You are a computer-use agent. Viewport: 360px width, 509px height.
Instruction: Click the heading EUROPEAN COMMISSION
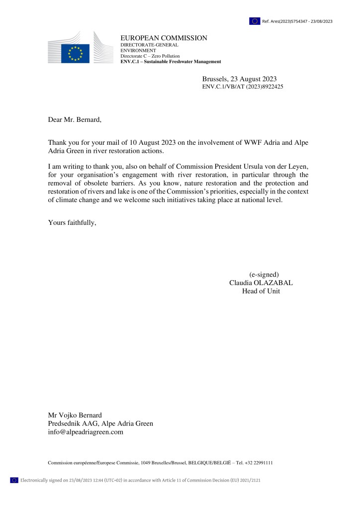[164, 38]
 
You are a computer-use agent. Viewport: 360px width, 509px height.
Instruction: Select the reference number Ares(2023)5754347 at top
[297, 21]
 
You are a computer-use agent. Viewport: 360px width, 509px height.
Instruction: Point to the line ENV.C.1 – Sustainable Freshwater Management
[171, 62]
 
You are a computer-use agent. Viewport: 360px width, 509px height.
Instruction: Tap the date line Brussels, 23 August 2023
[239, 79]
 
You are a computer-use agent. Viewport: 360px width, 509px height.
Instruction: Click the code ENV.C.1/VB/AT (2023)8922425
[243, 87]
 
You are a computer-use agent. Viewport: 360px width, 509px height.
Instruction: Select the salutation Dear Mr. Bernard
[74, 119]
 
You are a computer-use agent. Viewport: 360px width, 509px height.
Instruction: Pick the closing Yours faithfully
[72, 222]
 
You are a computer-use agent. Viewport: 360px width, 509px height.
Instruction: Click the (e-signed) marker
[264, 274]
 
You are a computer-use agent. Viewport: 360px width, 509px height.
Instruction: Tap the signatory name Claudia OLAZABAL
[261, 283]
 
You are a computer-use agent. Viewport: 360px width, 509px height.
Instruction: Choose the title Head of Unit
[261, 291]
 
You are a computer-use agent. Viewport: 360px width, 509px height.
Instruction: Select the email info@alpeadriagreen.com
[85, 432]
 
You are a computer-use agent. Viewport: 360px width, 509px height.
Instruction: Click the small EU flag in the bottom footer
[14, 480]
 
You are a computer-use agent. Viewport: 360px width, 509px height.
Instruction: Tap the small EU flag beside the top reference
[255, 21]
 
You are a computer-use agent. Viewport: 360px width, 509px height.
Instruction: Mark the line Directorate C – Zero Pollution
[150, 56]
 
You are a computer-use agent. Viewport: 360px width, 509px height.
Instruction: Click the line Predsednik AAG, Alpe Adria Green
[100, 424]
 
